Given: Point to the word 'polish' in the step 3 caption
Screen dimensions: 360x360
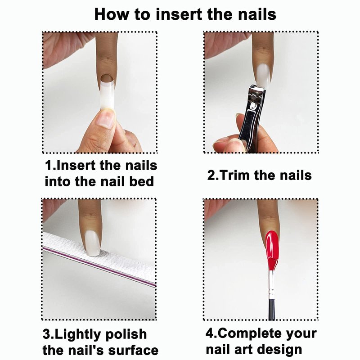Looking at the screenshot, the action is pos(126,334).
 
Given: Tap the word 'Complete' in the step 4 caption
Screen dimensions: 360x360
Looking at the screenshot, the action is pos(250,334).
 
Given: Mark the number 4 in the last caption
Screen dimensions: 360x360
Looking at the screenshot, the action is pos(210,333).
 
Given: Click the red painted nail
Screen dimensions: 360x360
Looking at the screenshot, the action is pos(272,244).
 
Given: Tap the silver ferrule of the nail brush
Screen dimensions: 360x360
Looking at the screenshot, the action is pos(271,283).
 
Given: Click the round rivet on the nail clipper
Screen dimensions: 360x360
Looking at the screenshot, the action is pos(253,96).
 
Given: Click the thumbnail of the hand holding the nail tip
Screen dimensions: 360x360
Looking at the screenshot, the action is pos(106,118).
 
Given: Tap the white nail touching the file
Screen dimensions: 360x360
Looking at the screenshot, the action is pos(93,243).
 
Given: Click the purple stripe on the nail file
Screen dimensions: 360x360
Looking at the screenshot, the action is pos(99,267).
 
